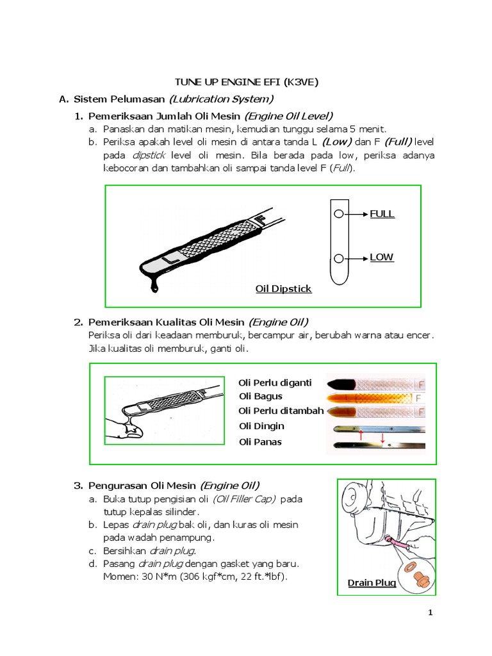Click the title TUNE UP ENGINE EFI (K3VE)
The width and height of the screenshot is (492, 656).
[247, 82]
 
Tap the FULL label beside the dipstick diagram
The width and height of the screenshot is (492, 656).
[382, 214]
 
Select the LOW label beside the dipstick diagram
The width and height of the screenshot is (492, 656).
[381, 257]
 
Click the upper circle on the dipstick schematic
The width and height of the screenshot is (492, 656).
[339, 214]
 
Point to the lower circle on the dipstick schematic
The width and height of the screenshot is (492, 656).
[339, 259]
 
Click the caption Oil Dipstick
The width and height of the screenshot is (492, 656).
[283, 289]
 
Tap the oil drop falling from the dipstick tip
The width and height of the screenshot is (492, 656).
[155, 287]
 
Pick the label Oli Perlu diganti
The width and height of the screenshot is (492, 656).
[275, 383]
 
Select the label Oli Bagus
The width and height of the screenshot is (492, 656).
[261, 396]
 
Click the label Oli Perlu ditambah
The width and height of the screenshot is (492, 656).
[281, 411]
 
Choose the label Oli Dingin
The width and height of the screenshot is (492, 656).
[261, 426]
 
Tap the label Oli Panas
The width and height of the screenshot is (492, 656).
[260, 442]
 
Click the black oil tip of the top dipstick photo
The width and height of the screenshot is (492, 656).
[341, 384]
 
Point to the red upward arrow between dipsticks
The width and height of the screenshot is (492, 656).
[361, 435]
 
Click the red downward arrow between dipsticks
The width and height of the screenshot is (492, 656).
[382, 438]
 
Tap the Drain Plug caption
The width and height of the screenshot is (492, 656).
[372, 583]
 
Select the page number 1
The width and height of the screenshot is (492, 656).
[430, 612]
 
